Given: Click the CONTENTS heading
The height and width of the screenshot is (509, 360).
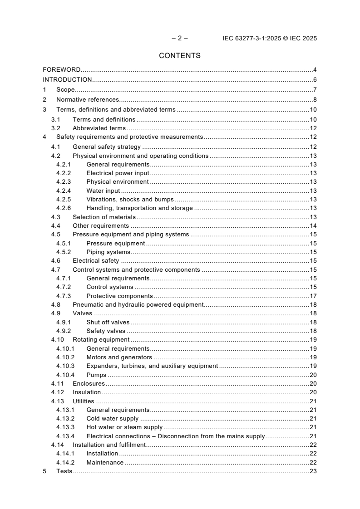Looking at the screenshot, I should pyautogui.click(x=180, y=56).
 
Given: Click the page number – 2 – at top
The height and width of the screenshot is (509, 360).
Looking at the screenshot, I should pyautogui.click(x=180, y=39).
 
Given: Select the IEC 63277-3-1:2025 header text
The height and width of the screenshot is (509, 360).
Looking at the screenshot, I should pyautogui.click(x=270, y=39).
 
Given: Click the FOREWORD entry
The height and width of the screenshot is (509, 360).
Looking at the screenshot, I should pyautogui.click(x=62, y=70).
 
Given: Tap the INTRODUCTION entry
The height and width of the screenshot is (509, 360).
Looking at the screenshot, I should pyautogui.click(x=67, y=80).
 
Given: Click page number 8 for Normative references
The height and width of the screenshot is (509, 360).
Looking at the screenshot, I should pyautogui.click(x=315, y=99).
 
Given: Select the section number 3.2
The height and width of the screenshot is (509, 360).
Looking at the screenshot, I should pyautogui.click(x=56, y=128).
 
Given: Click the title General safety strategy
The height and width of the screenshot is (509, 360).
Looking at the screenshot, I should pyautogui.click(x=107, y=147).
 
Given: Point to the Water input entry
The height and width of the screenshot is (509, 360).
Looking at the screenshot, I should pyautogui.click(x=103, y=191).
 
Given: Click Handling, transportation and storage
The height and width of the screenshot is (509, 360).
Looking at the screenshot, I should pyautogui.click(x=139, y=208).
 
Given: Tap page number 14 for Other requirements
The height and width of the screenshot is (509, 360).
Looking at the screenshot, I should pyautogui.click(x=313, y=225).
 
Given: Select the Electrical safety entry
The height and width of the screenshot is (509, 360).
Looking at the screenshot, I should pyautogui.click(x=96, y=261).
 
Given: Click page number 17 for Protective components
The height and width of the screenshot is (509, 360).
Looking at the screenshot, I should pyautogui.click(x=313, y=296).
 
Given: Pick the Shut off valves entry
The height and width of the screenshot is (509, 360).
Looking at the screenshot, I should pyautogui.click(x=108, y=322).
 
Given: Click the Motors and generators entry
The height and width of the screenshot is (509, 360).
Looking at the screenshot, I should pyautogui.click(x=119, y=357).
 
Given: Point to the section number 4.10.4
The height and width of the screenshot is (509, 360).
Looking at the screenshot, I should pyautogui.click(x=65, y=375).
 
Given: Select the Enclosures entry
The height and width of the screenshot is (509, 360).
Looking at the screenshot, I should pyautogui.click(x=89, y=384).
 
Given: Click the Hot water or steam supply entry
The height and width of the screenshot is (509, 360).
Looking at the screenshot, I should pyautogui.click(x=124, y=427).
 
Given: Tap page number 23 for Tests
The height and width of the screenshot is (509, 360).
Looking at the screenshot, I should pyautogui.click(x=313, y=471).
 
